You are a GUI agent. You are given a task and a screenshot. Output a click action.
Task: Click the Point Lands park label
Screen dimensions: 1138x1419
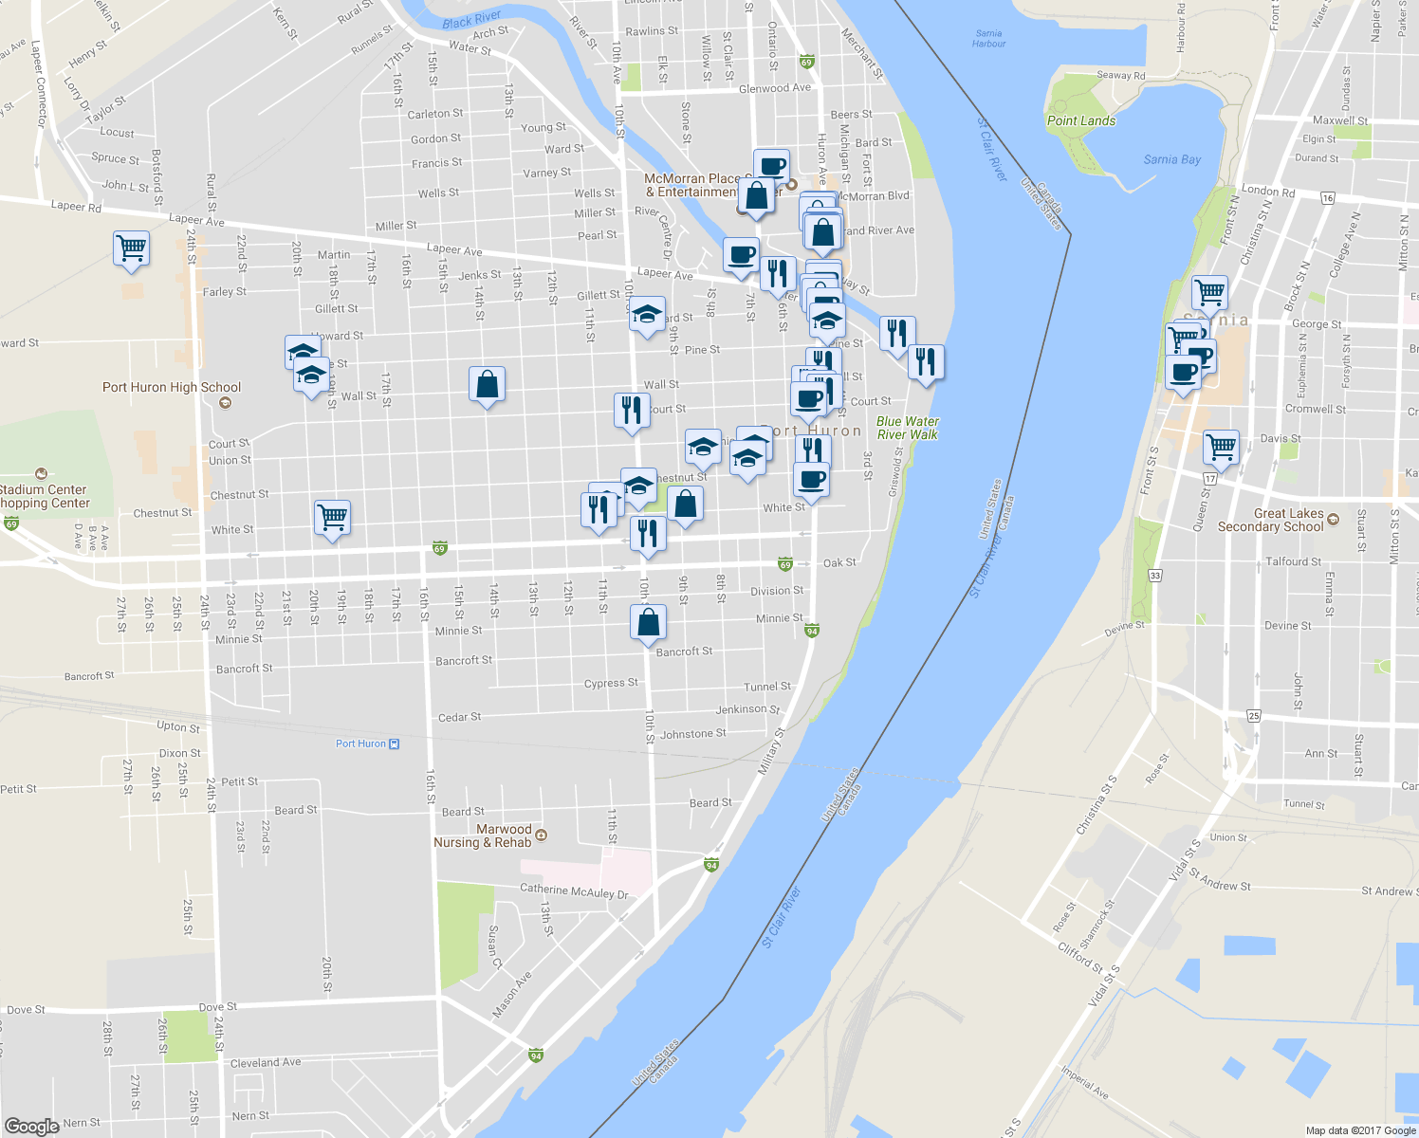1081,120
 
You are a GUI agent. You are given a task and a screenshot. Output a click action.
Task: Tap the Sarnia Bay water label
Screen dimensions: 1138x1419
1172,159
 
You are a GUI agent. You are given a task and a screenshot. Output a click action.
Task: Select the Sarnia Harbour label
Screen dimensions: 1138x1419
988,38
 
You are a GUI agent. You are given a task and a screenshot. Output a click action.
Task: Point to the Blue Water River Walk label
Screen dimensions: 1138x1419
908,428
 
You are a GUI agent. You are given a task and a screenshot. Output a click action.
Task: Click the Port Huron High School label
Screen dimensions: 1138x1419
172,387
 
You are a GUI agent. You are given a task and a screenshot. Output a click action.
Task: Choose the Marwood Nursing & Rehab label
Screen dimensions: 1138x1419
483,835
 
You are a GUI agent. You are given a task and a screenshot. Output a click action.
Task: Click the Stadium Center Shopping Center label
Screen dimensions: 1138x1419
45,496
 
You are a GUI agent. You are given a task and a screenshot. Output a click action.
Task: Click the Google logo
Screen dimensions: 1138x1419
31,1126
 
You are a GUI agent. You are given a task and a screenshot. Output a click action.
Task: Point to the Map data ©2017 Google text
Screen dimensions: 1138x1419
1360,1130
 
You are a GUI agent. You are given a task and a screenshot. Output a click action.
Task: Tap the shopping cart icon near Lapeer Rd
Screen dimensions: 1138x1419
131,248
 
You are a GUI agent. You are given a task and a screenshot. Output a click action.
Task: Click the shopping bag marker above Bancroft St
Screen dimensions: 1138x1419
649,622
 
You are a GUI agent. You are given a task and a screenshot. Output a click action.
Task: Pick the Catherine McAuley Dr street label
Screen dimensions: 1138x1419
574,891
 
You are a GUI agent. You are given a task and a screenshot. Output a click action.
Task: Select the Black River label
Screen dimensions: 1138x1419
471,20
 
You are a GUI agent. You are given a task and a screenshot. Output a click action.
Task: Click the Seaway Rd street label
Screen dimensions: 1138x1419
1120,75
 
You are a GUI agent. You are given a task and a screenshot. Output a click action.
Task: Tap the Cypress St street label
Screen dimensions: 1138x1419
611,683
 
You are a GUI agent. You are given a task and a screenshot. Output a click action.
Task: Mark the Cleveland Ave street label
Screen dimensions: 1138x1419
266,1062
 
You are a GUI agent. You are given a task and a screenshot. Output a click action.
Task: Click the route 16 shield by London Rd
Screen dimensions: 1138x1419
1327,198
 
